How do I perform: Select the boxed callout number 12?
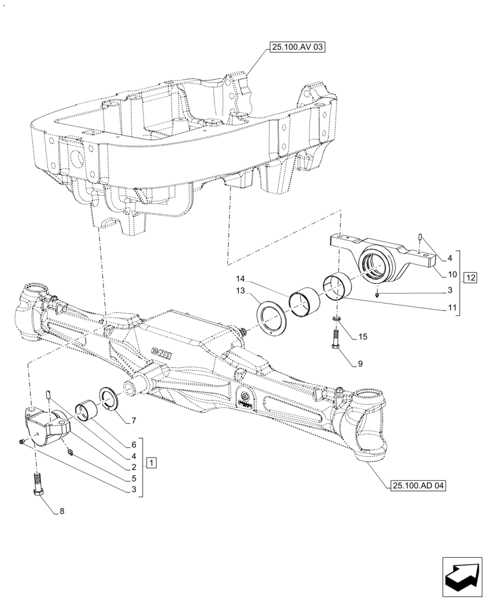tap(470, 277)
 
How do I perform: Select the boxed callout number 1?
tap(152, 463)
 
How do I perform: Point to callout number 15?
tap(361, 337)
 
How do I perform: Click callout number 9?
tap(360, 364)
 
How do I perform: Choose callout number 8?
tap(61, 512)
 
